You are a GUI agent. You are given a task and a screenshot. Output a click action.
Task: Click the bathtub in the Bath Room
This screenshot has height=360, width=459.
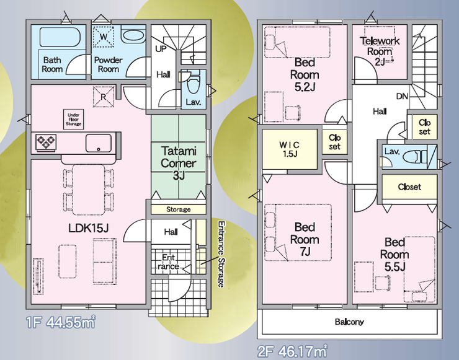coord(60,37)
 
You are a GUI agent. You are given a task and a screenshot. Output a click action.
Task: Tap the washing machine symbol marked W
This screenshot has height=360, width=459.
coord(104,37)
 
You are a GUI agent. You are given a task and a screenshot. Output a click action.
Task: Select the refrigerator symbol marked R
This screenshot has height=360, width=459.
coord(104,97)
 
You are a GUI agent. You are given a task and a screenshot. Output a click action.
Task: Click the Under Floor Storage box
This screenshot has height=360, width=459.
coord(73,120)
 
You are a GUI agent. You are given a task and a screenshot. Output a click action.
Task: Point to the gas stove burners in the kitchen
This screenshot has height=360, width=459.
coord(46,143)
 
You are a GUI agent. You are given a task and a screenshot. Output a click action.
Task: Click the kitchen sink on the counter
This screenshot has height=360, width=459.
coord(99,143)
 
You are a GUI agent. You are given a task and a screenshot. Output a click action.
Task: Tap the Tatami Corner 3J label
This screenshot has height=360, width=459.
coord(178,163)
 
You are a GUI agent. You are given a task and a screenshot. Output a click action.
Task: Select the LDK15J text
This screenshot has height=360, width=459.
coord(89,228)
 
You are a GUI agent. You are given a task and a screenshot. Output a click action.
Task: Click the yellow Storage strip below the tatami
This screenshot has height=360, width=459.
coord(178,209)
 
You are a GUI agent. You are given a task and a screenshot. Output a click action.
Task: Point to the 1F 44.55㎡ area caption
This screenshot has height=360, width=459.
coord(61,322)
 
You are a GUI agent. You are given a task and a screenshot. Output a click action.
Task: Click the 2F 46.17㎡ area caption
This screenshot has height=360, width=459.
coord(292,351)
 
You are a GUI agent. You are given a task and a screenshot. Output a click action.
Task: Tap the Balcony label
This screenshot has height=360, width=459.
coord(349,322)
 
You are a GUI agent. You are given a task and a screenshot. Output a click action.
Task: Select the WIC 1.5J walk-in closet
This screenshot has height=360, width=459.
coord(290,149)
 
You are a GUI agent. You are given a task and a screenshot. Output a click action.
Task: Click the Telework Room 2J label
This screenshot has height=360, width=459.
coord(380,51)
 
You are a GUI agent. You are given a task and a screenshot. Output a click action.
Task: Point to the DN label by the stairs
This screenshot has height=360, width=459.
coord(402,96)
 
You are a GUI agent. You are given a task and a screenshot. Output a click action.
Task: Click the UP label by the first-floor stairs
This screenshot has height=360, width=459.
coord(161,49)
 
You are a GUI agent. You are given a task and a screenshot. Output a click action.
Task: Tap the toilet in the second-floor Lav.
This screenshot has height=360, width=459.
coord(415,157)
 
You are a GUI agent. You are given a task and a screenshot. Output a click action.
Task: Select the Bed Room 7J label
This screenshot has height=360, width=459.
coord(305,239)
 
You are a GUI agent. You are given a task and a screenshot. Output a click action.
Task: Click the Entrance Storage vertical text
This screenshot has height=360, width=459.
coord(221,254)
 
